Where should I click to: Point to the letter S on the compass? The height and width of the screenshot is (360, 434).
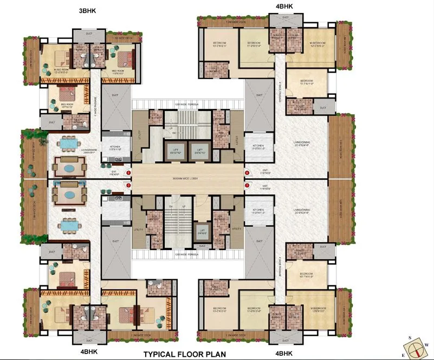click(410, 338)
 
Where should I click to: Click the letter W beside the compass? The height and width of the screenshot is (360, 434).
click(427, 344)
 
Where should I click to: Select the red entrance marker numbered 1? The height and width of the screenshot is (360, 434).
click(128, 173)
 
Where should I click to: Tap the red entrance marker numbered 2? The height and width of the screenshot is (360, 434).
click(128, 186)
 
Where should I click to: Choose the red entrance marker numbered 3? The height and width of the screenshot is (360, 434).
click(247, 186)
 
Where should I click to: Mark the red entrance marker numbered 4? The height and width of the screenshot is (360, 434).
click(247, 173)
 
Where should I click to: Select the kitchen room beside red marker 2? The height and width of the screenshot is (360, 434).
click(115, 208)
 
